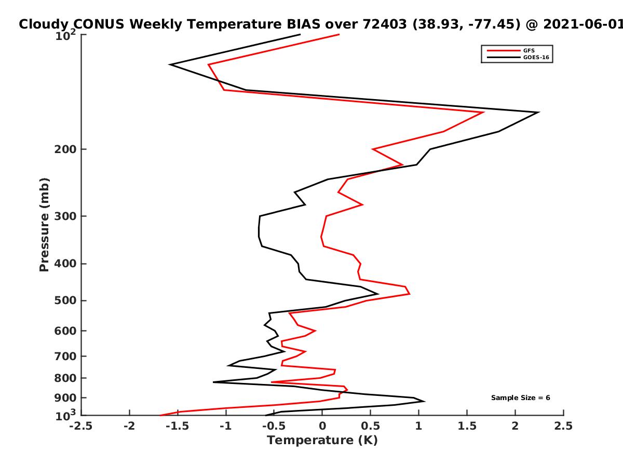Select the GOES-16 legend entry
point(518,57)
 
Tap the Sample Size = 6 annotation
point(521,397)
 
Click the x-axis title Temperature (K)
point(322,440)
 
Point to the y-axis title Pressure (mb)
point(44,225)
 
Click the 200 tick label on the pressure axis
point(65,149)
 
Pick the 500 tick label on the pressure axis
point(65,300)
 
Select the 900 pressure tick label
point(65,398)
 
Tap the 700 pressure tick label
point(65,356)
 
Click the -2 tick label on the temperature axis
point(129,426)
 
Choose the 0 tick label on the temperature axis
point(322,426)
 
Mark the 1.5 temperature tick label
point(467,426)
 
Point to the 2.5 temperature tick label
point(563,426)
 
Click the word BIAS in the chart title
point(303,24)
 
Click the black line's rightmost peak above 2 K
point(538,112)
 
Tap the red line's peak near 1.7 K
point(483,112)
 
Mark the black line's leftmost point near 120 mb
point(170,65)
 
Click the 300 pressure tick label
point(65,216)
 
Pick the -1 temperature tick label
point(226,426)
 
